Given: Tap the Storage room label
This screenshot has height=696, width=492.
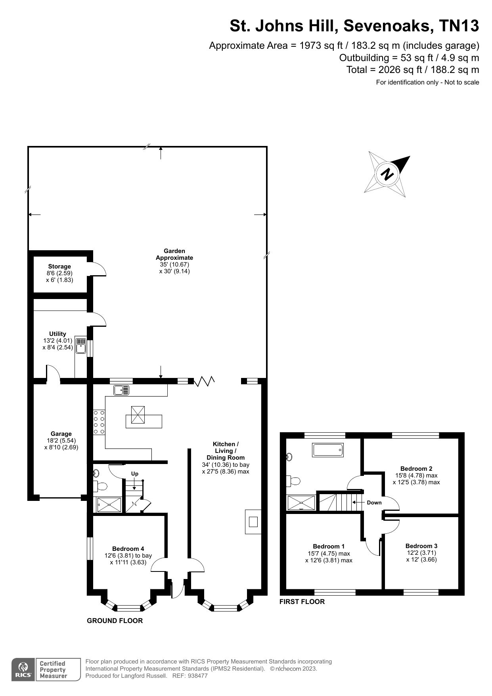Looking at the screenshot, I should (x=59, y=267).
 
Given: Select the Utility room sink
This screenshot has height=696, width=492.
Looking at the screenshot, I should (x=81, y=346).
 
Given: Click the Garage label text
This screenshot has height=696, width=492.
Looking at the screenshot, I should (x=61, y=434).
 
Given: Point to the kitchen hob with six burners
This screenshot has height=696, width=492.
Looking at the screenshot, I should (x=99, y=422).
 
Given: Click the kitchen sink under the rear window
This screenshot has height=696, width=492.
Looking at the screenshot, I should (x=121, y=390).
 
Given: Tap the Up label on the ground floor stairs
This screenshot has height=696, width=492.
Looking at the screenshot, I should (x=135, y=474).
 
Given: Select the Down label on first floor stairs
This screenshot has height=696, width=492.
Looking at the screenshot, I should (x=374, y=502).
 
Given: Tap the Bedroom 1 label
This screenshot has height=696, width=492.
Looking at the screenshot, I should (x=328, y=546).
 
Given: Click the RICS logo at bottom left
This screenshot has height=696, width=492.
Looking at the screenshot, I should (x=23, y=670).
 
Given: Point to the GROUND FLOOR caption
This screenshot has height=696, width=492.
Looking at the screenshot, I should (x=115, y=621).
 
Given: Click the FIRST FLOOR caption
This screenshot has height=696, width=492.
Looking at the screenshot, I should (x=302, y=602).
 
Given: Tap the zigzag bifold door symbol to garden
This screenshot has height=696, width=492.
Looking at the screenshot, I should (x=204, y=381).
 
